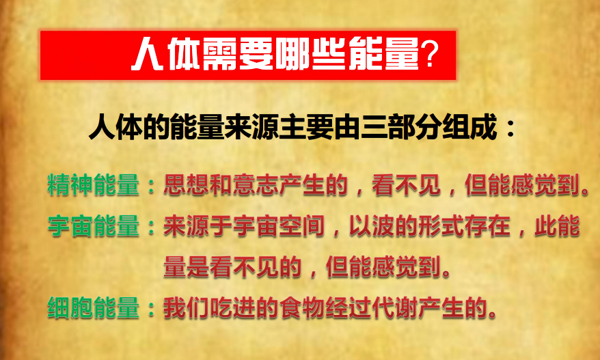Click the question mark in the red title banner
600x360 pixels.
(x=428, y=55)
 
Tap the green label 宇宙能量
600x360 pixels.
(x=94, y=225)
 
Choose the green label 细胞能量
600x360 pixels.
(x=94, y=307)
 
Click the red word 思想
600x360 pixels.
(x=187, y=185)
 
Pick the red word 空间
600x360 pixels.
(x=302, y=225)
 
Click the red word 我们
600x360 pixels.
(x=187, y=307)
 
